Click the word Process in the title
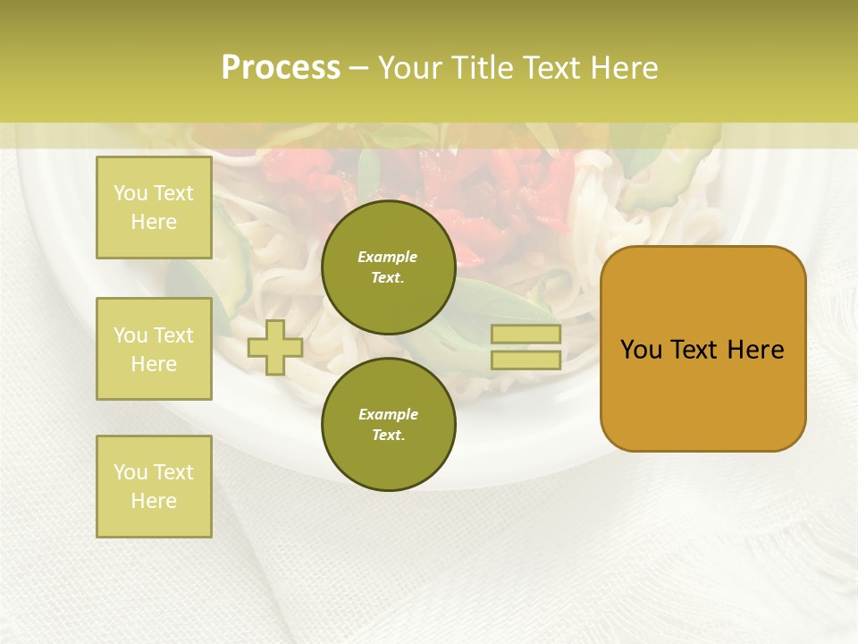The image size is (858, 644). pyautogui.click(x=281, y=68)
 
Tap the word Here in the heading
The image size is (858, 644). pyautogui.click(x=622, y=68)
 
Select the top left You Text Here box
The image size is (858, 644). pyautogui.click(x=154, y=208)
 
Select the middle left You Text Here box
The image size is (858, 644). pyautogui.click(x=154, y=349)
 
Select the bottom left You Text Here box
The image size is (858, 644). pyautogui.click(x=154, y=487)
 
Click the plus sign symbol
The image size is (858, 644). pyautogui.click(x=275, y=347)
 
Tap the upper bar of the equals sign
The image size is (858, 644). pyautogui.click(x=526, y=335)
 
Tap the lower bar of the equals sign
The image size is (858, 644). pyautogui.click(x=526, y=360)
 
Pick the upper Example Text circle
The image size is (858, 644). pyautogui.click(x=389, y=267)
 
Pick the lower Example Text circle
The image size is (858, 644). pyautogui.click(x=389, y=424)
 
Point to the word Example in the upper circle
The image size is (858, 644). pyautogui.click(x=388, y=257)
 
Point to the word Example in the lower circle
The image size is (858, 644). pyautogui.click(x=388, y=414)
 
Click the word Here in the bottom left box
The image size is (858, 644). pyautogui.click(x=154, y=501)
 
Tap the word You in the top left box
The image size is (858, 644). pyautogui.click(x=130, y=193)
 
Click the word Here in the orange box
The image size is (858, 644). pyautogui.click(x=755, y=350)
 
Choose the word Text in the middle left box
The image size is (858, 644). pyautogui.click(x=173, y=335)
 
